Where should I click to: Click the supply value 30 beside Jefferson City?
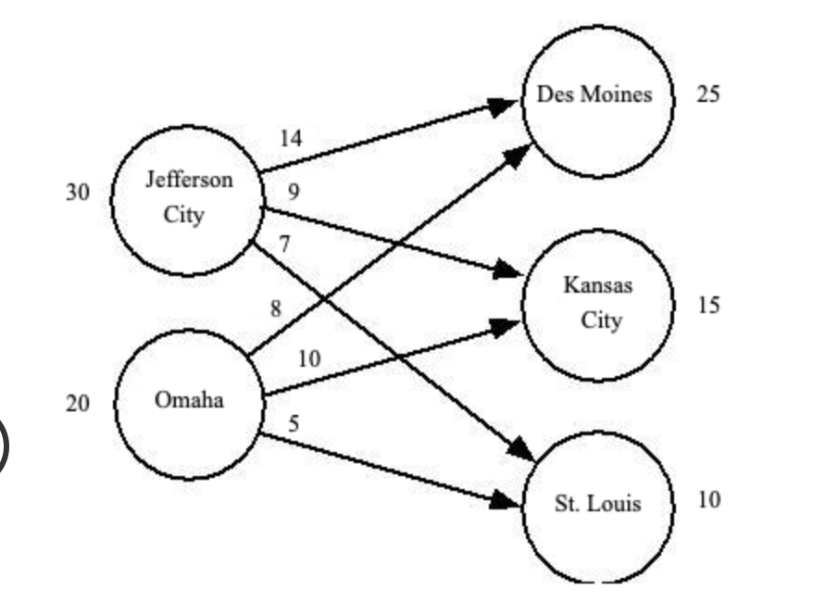coord(77,193)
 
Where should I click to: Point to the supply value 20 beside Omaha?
coord(77,404)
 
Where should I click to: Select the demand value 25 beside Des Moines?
coord(708,94)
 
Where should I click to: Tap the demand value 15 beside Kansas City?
coord(708,306)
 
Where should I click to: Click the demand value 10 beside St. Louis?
coord(708,500)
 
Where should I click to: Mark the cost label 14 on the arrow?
coord(291,139)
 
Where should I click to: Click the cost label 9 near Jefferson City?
coord(294,193)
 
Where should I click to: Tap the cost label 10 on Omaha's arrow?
coord(309,359)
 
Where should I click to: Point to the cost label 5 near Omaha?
coord(294,425)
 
